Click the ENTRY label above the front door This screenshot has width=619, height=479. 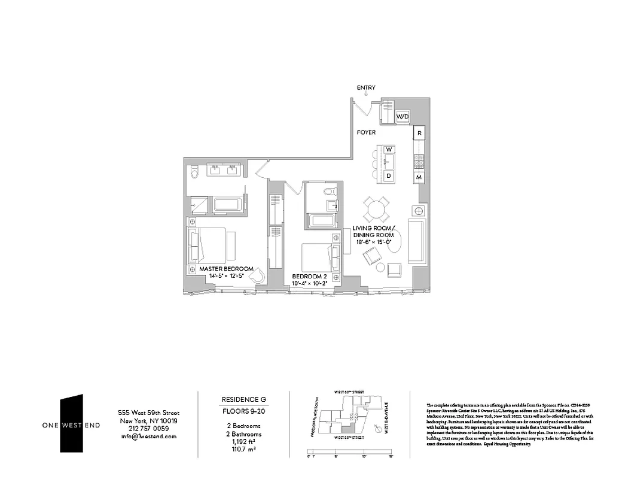click(x=366, y=88)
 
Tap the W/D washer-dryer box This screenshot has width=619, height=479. click(x=402, y=116)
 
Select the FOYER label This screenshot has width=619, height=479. click(x=366, y=132)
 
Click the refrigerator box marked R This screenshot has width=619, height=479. click(x=420, y=132)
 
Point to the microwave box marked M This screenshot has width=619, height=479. click(x=420, y=178)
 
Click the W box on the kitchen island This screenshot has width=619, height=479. click(x=389, y=148)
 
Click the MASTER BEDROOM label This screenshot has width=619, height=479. click(x=226, y=269)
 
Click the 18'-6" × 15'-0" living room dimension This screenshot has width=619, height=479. click(x=373, y=242)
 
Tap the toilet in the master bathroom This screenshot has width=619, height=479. click(x=193, y=174)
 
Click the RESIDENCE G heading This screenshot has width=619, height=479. click(x=243, y=399)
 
